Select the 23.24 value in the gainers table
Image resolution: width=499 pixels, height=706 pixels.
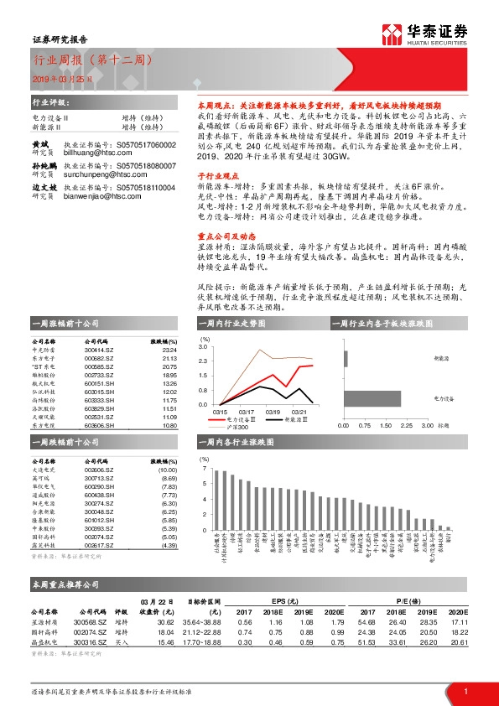coord(169,349)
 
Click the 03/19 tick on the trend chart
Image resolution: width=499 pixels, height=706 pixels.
coord(273,412)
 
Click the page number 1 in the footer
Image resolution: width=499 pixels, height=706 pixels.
coord(465,691)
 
